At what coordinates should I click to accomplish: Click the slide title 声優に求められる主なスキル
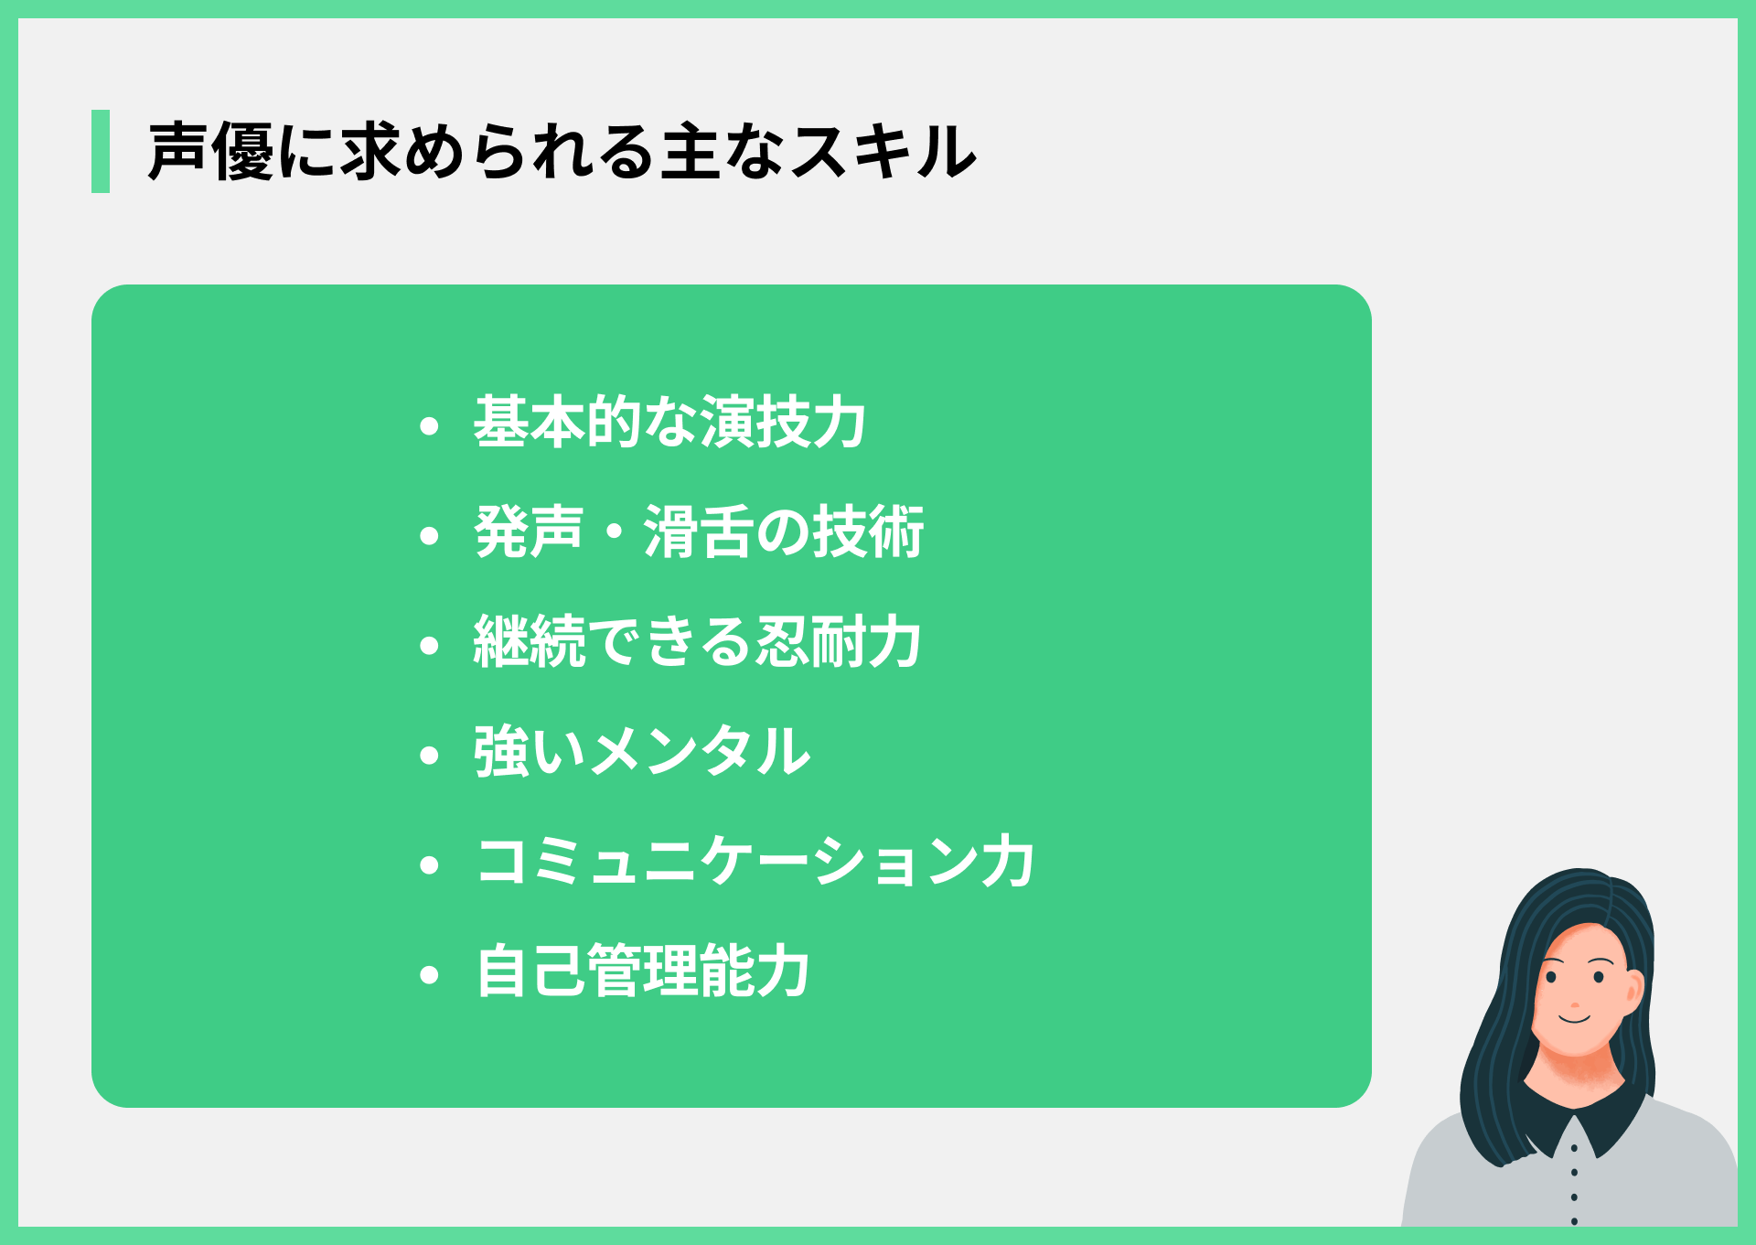click(x=562, y=152)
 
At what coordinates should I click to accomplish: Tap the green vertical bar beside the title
click(x=101, y=152)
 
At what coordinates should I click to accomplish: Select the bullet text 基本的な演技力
click(x=669, y=423)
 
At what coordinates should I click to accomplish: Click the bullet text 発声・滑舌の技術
click(x=699, y=532)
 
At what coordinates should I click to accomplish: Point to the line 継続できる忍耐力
click(x=697, y=642)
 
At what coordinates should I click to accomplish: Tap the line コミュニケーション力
click(x=755, y=862)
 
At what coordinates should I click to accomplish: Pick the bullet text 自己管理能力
click(x=642, y=971)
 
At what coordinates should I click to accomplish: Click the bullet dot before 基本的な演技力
click(x=429, y=426)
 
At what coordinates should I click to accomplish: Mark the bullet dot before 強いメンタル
click(x=429, y=756)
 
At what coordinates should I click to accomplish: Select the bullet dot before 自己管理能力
click(x=429, y=975)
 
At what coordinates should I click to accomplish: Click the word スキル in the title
click(x=883, y=152)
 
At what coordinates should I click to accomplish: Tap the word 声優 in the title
click(x=211, y=152)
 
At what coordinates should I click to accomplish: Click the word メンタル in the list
click(x=701, y=752)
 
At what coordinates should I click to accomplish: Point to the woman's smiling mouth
click(x=1575, y=1018)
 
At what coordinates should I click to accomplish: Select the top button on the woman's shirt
click(x=1574, y=1148)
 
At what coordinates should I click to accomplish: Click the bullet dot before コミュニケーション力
click(x=429, y=865)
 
